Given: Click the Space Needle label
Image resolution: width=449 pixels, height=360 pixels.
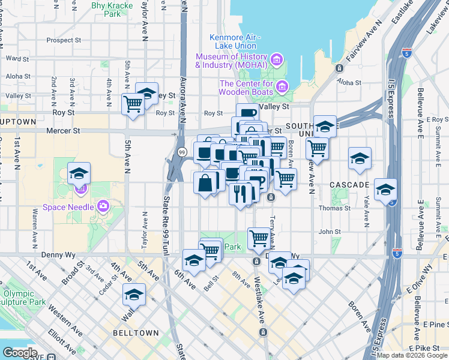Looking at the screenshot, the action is coord(68,207).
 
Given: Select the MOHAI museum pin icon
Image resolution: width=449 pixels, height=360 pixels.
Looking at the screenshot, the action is coord(277,59).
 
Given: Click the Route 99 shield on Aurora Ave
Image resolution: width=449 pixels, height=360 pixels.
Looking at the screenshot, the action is coord(181,153).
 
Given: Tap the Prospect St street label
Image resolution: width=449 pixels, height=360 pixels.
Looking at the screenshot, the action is coord(64,41).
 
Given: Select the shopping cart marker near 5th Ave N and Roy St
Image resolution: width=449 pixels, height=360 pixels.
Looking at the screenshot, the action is coord(133,104).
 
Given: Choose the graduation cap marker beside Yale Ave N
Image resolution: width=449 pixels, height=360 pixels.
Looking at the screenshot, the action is coord(360,158).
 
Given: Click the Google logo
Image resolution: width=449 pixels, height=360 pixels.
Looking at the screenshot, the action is coord(20,353).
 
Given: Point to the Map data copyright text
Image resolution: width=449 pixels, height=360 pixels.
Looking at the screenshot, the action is coord(411,355).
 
